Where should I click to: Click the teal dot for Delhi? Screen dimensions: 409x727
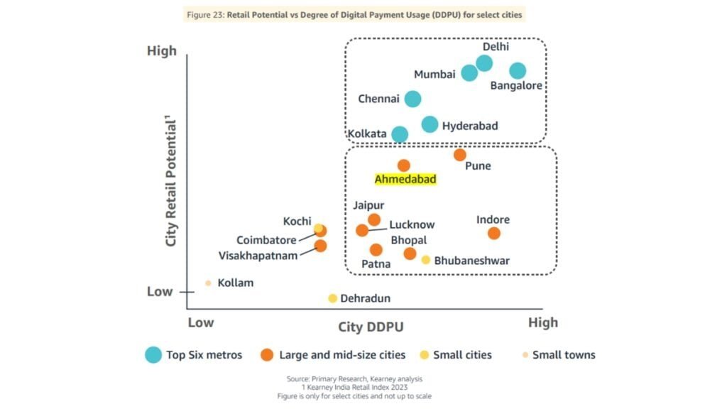coord(484,63)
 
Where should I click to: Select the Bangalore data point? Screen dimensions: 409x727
coord(518,70)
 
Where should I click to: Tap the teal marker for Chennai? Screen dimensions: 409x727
coord(412,99)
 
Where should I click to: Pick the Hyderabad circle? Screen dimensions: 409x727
coord(430,125)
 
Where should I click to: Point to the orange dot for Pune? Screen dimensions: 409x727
coord(460,155)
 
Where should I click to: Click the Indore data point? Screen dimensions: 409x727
coord(494,233)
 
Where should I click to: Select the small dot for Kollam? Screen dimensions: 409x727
coord(208,283)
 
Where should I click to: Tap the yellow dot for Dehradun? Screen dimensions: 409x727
coord(332,298)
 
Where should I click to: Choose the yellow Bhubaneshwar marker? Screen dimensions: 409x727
coord(426,260)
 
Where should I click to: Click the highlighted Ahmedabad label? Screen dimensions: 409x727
coord(405,180)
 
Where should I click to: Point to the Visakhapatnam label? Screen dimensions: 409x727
coord(258,256)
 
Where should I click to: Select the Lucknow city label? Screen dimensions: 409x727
coord(412,224)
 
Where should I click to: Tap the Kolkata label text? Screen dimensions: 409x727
coord(367,133)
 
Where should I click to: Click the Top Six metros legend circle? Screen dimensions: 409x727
coord(153,355)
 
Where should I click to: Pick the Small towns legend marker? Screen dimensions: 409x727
coord(525,355)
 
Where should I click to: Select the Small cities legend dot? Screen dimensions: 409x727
coord(425,355)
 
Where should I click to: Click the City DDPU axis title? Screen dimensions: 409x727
coord(371,327)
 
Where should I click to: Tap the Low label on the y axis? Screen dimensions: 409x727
coord(159,291)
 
